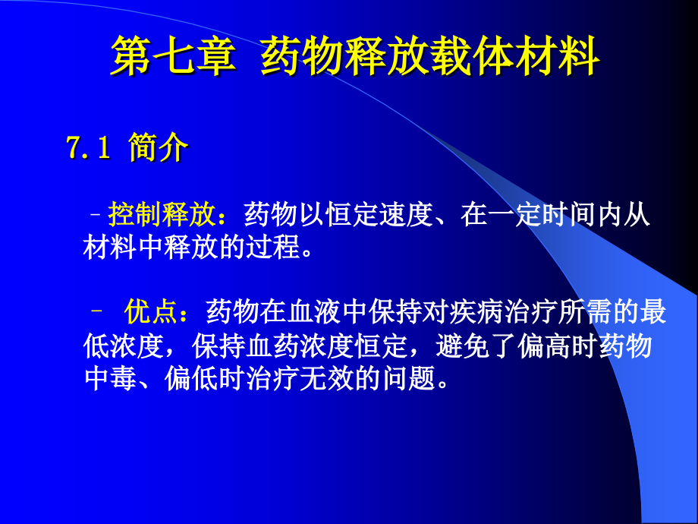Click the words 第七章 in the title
(173, 55)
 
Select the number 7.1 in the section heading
(88, 147)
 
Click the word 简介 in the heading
(158, 147)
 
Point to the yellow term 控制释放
(162, 214)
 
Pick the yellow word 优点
(151, 311)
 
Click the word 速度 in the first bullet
(407, 214)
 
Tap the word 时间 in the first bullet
(569, 214)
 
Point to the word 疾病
(477, 311)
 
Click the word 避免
(463, 346)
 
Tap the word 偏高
(545, 346)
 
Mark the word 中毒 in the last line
(111, 379)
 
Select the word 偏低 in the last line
(191, 379)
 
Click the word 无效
(328, 379)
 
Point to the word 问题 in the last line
(409, 379)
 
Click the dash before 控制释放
(96, 215)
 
